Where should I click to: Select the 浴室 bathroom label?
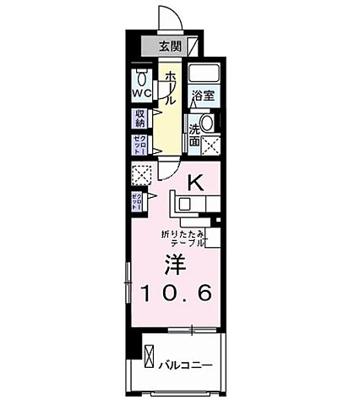[201, 96]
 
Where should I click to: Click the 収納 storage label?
[140, 118]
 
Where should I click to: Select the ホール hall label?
[171, 88]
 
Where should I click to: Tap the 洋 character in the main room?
[176, 262]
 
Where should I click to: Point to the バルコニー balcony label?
[185, 366]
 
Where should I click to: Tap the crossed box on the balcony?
[149, 366]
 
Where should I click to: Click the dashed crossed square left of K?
[141, 174]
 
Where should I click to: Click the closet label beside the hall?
[139, 144]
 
